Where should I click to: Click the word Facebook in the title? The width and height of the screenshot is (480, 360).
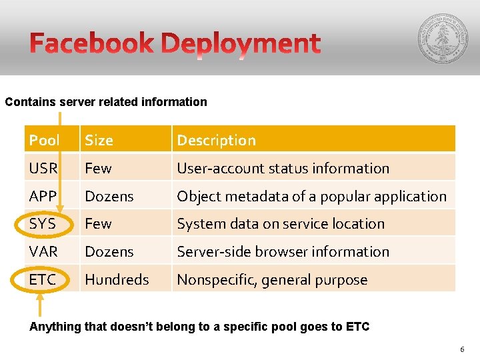92,43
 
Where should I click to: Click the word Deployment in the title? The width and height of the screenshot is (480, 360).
241,45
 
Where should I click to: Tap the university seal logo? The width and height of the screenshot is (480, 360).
442,38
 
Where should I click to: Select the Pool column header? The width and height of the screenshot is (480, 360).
44,141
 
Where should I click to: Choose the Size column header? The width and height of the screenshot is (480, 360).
99,141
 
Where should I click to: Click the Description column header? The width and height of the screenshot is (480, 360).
216,141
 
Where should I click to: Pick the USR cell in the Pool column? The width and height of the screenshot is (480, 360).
43,169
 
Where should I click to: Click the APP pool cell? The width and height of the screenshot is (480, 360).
43,197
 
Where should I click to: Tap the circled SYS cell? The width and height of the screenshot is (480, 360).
43,224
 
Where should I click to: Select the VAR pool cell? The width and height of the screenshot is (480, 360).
43,252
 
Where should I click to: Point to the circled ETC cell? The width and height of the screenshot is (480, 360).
43,280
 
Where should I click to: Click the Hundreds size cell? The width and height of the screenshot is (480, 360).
117,280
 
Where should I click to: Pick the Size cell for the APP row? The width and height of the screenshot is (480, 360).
109,197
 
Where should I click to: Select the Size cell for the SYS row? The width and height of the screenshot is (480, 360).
98,224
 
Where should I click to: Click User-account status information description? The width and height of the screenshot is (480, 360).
283,169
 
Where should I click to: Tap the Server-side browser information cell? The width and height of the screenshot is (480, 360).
283,252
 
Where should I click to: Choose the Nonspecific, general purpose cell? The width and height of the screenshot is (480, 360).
272,280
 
